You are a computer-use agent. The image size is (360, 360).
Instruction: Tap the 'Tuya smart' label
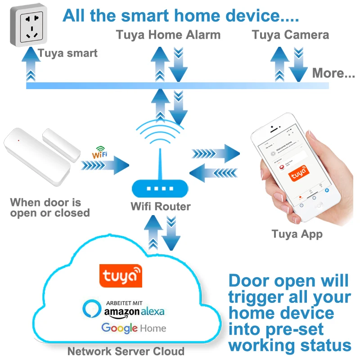[67, 54]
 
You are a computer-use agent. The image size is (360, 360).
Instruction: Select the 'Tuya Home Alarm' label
[168, 35]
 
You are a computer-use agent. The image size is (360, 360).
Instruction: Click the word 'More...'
[333, 73]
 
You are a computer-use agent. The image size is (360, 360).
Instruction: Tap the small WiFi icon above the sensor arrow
[99, 153]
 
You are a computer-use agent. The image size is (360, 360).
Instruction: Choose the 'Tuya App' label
[297, 234]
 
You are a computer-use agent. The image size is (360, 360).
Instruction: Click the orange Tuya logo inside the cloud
[120, 275]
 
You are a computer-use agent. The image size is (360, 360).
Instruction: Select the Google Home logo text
[134, 328]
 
